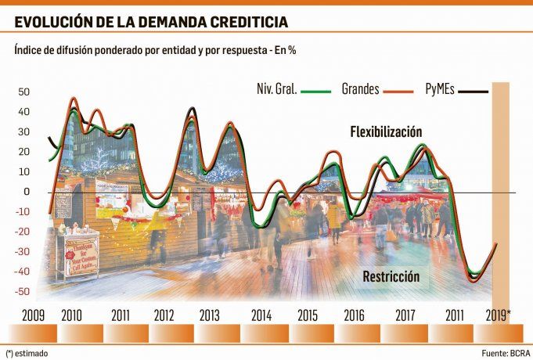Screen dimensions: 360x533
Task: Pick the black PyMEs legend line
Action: point(473,90)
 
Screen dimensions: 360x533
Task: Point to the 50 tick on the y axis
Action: point(23,92)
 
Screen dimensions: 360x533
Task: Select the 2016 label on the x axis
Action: point(354,315)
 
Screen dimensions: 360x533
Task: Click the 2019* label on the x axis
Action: point(498,315)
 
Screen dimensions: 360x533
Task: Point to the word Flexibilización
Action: point(387,131)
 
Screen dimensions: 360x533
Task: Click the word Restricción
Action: point(391,277)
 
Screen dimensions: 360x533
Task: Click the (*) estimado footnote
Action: point(27,353)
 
